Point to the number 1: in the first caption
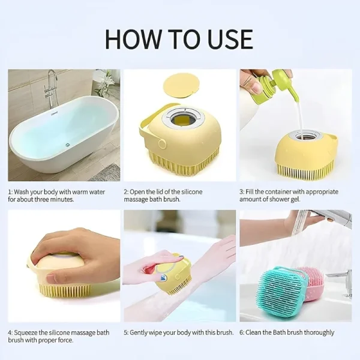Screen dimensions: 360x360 pos(10,192)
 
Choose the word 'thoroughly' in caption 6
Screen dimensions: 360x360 pos(317,332)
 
